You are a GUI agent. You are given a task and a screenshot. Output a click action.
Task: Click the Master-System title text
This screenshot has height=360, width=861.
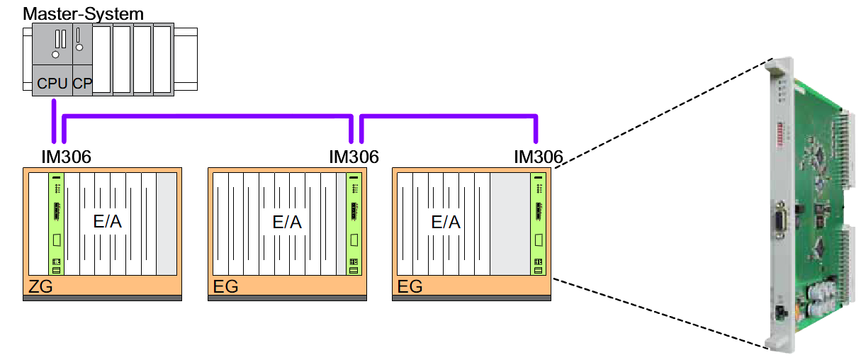point(83,13)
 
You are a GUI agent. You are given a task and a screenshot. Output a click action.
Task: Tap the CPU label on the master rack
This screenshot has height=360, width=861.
point(52,84)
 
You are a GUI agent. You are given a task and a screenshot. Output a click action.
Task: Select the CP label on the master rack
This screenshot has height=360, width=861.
point(82,84)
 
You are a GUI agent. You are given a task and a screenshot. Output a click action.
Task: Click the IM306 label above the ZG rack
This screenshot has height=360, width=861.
point(67,157)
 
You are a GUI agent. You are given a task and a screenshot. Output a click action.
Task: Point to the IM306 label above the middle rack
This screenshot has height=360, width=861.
point(354,157)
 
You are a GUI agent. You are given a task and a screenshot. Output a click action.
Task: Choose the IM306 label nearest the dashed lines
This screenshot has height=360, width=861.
point(538,157)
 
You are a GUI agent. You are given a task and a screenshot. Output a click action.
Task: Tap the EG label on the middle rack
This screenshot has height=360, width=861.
point(225,287)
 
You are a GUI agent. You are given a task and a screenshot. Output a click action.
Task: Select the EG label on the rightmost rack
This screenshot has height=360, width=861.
point(410,287)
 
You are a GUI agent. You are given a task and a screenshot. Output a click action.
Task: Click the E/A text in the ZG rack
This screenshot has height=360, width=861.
point(108,222)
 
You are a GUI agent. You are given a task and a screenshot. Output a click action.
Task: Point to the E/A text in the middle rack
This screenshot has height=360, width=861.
point(287,222)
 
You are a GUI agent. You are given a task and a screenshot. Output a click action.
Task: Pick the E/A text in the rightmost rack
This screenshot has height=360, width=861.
point(446,222)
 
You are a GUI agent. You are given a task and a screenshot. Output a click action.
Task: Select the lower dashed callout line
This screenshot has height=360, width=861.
point(659,312)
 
